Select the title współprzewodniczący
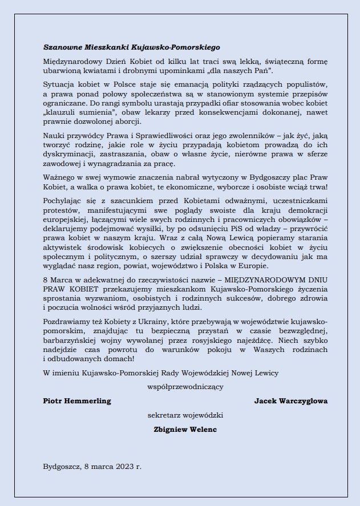185,387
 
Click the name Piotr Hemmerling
77,401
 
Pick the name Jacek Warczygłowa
290,401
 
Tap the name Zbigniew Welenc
185,430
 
